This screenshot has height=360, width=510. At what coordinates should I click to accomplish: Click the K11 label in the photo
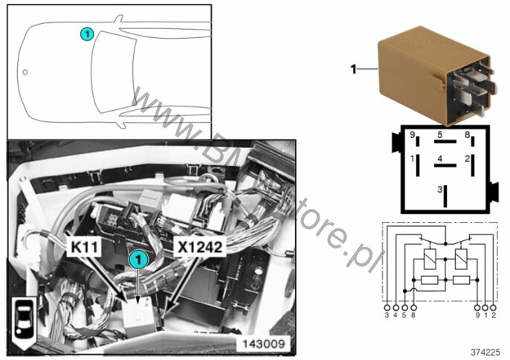84,247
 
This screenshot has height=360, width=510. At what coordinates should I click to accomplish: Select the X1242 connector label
200,247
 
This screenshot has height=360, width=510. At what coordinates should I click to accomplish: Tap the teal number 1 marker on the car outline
87,34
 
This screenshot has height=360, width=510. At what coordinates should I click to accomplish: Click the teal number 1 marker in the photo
139,260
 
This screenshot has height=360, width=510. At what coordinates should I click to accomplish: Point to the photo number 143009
263,344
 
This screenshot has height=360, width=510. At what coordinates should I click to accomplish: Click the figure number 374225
485,352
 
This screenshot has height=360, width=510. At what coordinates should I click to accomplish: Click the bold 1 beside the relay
354,69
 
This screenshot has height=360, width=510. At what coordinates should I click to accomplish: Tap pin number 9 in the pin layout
413,135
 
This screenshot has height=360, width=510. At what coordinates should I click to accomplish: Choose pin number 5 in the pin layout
440,135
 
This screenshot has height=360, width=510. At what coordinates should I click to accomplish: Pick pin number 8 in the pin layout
468,135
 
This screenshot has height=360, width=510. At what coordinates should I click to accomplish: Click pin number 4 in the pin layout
440,159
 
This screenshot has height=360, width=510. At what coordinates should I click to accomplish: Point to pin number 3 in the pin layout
440,189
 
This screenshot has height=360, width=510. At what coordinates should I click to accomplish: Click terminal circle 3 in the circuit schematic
387,307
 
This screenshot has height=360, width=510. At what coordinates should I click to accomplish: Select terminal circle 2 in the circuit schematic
493,307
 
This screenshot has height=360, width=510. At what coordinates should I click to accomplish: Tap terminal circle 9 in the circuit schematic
477,307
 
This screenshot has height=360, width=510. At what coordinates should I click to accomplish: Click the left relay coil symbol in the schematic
430,259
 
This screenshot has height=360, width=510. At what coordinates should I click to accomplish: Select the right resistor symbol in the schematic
461,280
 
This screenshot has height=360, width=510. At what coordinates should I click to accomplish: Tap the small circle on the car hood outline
25,72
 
